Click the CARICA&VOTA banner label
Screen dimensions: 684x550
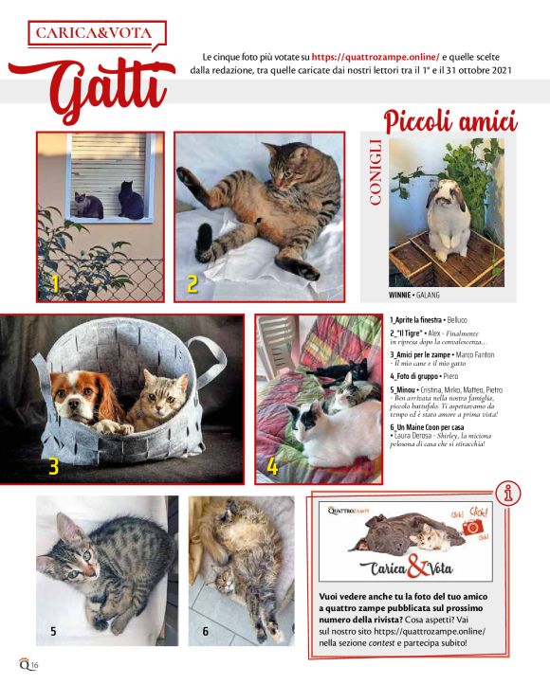tap(92, 33)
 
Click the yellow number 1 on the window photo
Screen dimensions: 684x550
tap(55, 282)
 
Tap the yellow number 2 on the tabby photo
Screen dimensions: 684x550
tap(192, 282)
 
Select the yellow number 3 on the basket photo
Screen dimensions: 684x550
tap(54, 464)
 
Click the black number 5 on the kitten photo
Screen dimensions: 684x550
tap(53, 630)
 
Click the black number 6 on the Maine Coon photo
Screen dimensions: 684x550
tap(205, 630)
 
